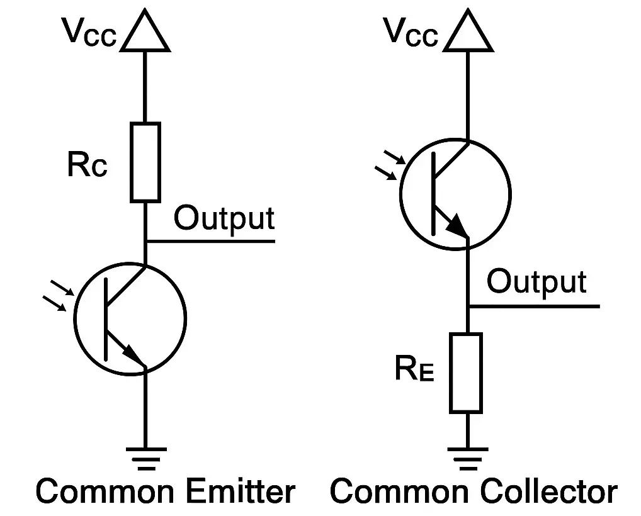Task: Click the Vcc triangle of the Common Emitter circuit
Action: (145, 34)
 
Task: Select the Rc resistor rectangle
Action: (145, 162)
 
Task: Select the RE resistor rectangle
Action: (466, 373)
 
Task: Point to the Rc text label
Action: (87, 166)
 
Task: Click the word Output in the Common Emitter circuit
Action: (224, 218)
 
